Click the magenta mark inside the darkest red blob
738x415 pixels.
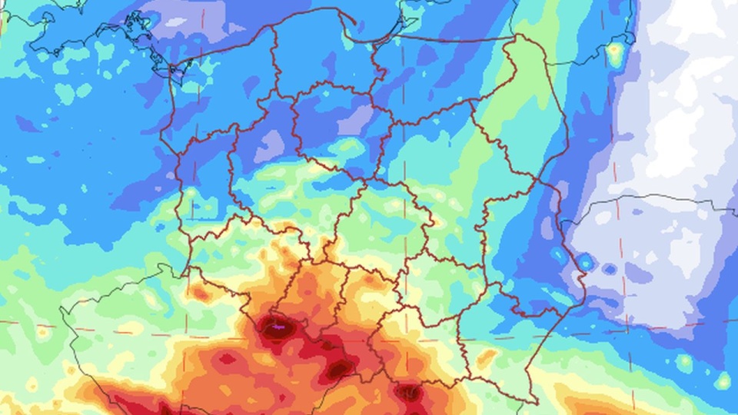(279, 327)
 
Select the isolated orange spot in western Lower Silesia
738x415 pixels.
(201, 293)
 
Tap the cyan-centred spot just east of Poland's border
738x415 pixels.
(585, 262)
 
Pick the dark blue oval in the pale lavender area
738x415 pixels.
(610, 270)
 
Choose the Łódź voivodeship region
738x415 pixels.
(369, 223)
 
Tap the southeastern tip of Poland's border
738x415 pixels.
(536, 401)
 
